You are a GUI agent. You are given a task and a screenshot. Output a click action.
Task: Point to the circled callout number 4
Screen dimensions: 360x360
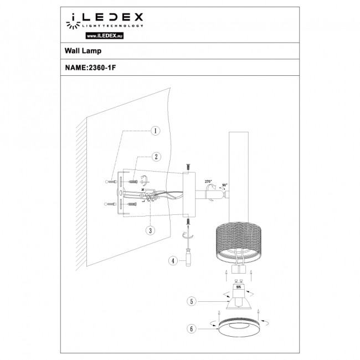(x=173, y=260)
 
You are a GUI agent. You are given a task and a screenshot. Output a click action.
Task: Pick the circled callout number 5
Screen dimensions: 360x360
(x=192, y=301)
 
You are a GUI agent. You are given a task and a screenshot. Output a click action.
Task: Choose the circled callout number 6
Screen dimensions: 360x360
(x=192, y=329)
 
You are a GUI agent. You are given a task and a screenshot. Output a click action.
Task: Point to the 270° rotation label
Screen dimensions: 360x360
(x=208, y=181)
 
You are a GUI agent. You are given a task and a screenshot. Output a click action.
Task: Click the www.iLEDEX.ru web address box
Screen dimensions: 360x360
(x=104, y=35)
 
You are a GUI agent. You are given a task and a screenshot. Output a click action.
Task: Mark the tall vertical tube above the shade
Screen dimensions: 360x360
(x=240, y=166)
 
